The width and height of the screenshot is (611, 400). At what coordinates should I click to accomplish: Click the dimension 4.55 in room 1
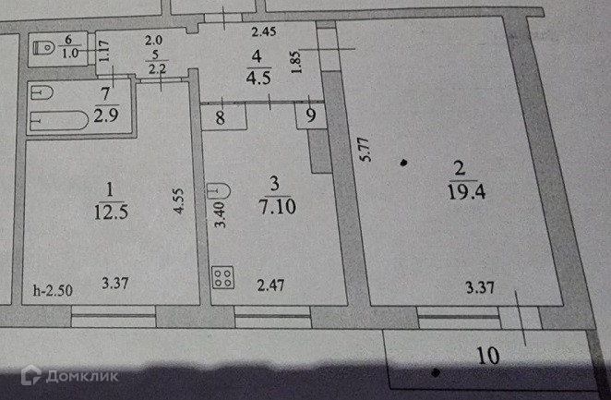(x=179, y=202)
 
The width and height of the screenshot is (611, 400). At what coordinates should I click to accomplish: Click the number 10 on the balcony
(x=488, y=354)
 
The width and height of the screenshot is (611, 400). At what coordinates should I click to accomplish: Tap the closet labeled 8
(x=220, y=116)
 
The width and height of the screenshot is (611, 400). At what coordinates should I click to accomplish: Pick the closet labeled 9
(x=310, y=116)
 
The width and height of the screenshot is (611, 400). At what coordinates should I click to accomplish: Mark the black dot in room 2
(x=404, y=164)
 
